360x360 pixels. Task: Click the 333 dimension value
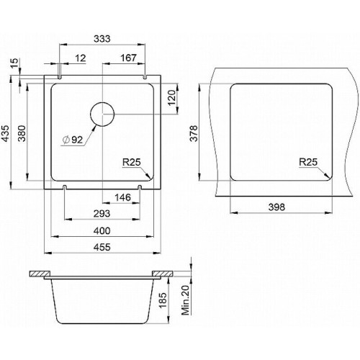[x=102, y=39]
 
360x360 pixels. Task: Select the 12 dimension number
[x=81, y=58]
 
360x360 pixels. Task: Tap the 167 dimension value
[x=128, y=58]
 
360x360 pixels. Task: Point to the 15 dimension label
[x=14, y=63]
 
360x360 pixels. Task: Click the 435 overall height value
[x=5, y=133]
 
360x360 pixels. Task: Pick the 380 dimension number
[x=22, y=133]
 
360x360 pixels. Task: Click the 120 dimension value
[x=172, y=98]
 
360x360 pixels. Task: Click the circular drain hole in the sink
[x=102, y=114]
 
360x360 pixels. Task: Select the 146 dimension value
[x=122, y=197]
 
